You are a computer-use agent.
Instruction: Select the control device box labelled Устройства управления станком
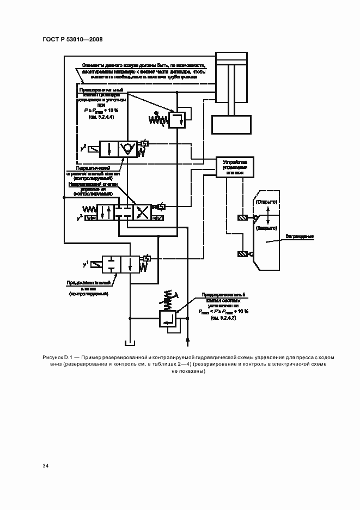(x=234, y=168)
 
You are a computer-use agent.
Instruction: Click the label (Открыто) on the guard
(x=267, y=202)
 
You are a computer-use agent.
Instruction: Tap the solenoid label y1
(x=85, y=264)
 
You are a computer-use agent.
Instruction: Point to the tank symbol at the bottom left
(x=130, y=343)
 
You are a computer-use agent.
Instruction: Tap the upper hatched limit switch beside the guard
(x=242, y=218)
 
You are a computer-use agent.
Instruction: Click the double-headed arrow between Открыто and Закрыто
(x=267, y=215)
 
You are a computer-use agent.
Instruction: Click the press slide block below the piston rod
(x=232, y=124)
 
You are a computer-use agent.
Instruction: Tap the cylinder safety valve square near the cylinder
(x=177, y=119)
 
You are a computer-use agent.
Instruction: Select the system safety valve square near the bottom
(x=167, y=318)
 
